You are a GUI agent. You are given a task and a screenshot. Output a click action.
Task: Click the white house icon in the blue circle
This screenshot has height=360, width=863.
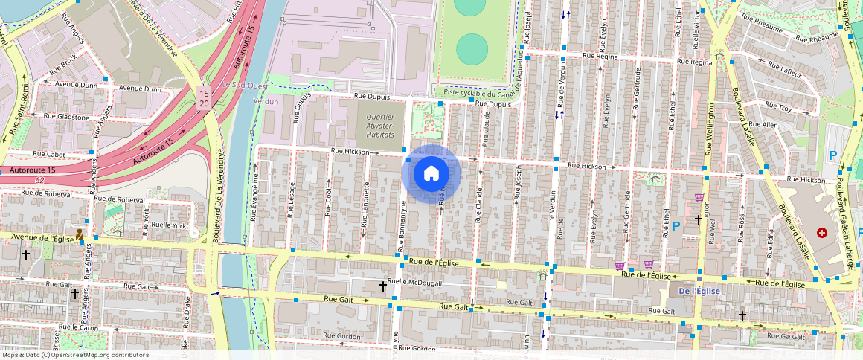431,174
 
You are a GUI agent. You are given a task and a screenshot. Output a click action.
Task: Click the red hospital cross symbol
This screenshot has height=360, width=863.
822,233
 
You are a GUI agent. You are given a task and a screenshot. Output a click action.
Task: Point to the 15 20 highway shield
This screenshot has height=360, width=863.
203,97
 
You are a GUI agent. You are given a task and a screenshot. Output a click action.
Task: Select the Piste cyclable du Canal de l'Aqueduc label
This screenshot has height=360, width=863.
487,93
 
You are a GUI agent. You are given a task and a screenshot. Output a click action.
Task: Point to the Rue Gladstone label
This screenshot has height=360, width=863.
66,117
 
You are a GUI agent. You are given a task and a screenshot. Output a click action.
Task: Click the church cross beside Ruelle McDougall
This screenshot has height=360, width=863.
382,286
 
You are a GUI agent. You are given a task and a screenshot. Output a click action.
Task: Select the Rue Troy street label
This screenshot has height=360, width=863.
779,109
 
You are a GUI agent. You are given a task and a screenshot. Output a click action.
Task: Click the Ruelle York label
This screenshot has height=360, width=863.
167,225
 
